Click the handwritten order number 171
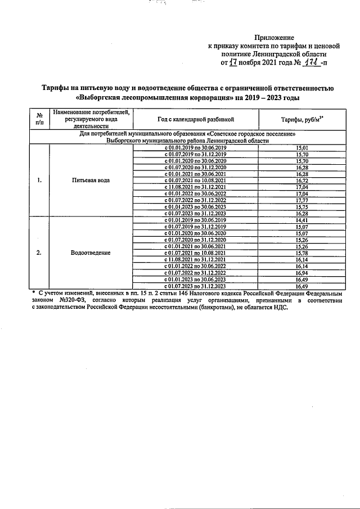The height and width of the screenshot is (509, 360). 308,63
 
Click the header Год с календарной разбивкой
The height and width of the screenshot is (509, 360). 195,120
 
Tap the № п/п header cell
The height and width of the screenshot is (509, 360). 39,120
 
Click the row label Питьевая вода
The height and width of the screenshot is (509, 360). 91,181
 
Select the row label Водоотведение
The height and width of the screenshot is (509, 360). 91,253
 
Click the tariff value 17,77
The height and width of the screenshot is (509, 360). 303,200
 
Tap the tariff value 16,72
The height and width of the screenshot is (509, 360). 303,181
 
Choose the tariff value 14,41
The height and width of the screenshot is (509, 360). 303,220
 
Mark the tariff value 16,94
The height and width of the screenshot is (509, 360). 303,272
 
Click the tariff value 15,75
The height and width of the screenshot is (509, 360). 303,206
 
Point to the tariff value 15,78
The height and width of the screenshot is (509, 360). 303,253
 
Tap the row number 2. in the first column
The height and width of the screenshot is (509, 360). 39,253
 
